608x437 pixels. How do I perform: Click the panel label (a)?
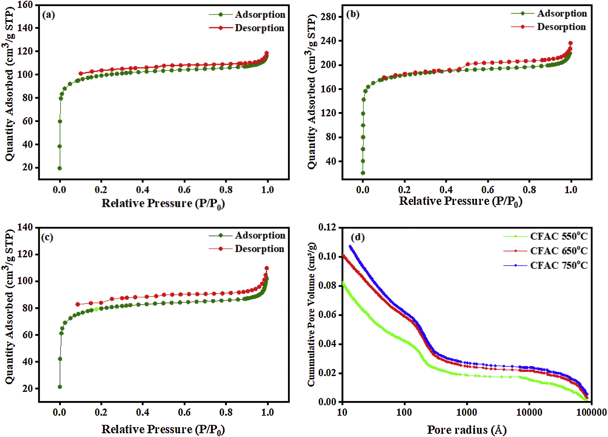[48, 15]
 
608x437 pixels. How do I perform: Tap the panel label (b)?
[353, 14]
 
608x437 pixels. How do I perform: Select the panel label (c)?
[47, 237]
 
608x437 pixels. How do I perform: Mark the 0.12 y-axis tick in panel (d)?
[327, 228]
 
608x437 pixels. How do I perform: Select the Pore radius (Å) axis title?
[466, 430]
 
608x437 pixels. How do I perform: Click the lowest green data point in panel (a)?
[59, 168]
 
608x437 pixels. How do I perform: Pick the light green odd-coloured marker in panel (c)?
[96, 309]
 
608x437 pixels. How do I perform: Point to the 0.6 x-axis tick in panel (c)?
[184, 412]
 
